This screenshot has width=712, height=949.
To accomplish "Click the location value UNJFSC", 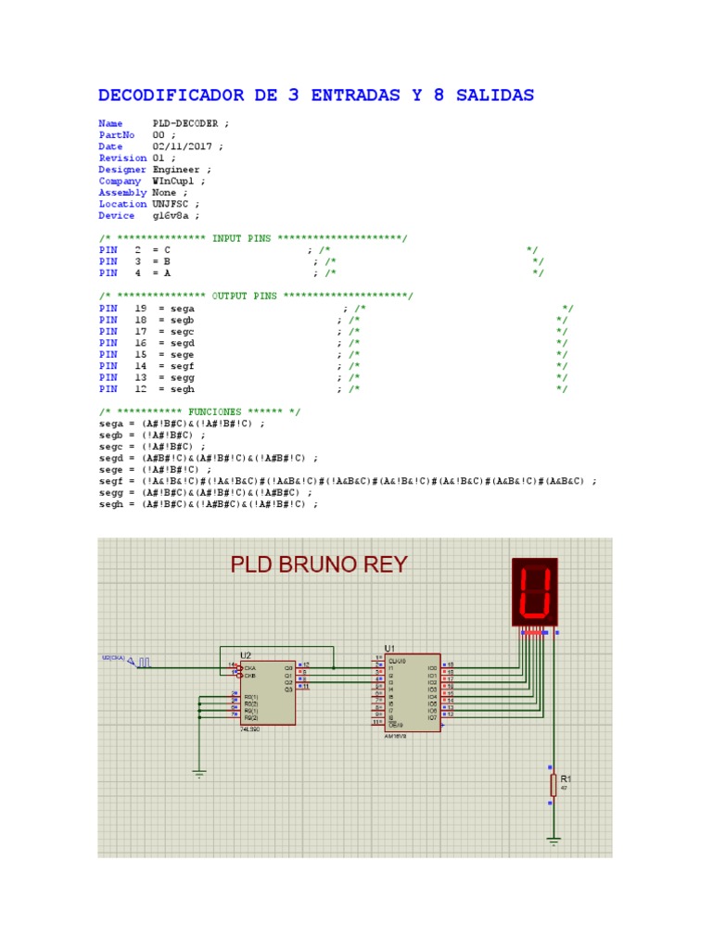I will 172,204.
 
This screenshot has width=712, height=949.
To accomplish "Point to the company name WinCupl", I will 176,181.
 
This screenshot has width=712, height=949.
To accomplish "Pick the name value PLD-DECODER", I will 185,123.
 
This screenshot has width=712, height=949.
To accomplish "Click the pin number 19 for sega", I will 140,308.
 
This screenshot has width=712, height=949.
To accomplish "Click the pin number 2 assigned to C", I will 137,250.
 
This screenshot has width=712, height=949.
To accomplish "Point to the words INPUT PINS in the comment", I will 241,238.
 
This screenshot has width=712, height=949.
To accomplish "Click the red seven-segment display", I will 535,592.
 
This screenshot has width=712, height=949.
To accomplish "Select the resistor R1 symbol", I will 553,785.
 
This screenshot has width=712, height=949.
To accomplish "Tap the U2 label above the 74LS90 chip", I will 246,655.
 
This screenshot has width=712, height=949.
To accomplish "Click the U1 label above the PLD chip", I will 389,648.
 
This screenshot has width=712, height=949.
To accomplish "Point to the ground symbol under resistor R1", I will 553,842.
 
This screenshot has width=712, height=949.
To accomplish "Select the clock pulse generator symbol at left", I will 145,662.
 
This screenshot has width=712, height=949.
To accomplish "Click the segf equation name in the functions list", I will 110,482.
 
